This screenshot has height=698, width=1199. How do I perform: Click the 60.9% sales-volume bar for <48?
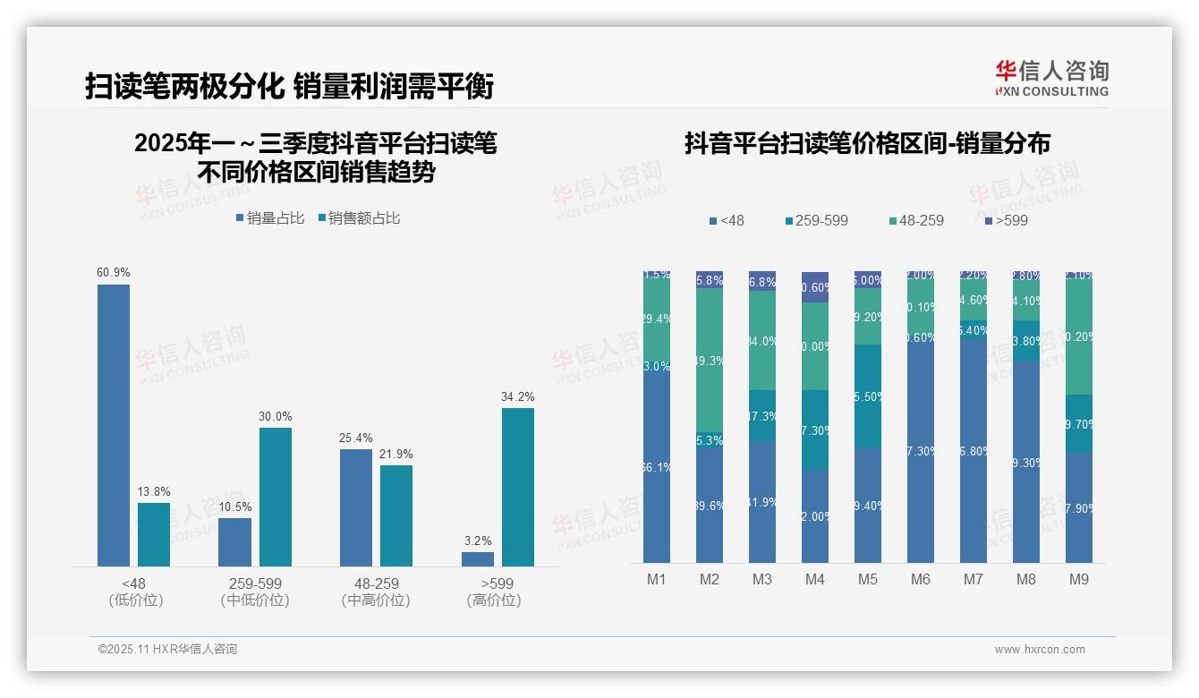(x=114, y=425)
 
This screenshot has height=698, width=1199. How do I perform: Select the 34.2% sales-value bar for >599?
(x=517, y=487)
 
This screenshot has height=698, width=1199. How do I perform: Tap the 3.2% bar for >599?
(x=477, y=558)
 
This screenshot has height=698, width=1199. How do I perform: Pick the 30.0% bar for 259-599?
(x=275, y=497)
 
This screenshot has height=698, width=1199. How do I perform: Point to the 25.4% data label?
(x=355, y=438)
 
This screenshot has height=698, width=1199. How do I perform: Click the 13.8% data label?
(x=154, y=492)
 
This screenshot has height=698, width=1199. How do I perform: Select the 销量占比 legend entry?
(x=269, y=218)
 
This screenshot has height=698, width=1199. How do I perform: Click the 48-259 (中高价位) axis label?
(x=376, y=592)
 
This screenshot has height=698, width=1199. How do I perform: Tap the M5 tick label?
(x=868, y=580)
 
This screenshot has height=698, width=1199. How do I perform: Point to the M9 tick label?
(x=1079, y=580)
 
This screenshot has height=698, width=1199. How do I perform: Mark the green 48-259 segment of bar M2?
(x=710, y=361)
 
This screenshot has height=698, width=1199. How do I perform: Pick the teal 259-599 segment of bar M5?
(x=868, y=396)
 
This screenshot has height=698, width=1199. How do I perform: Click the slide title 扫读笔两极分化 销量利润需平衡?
(x=289, y=87)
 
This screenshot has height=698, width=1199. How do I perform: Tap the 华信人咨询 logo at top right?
(x=1051, y=78)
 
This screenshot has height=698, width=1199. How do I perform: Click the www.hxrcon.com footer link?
(x=1040, y=650)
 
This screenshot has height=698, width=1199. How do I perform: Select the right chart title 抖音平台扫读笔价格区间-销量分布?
(x=867, y=143)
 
